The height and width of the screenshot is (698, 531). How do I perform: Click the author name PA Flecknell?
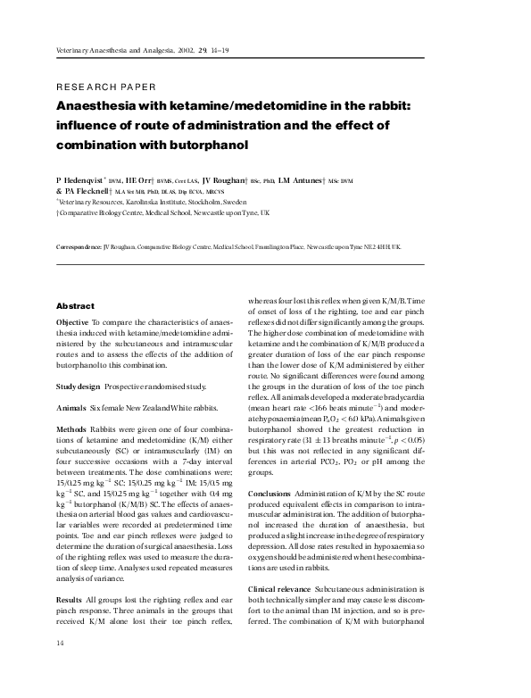[85, 191]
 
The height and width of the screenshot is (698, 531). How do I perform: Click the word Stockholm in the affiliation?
[203, 203]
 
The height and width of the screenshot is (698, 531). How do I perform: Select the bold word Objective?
[72, 320]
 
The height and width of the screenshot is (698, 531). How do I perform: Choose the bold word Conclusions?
[269, 493]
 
